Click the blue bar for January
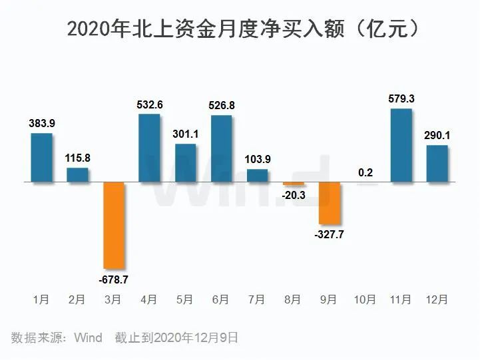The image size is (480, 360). [41, 158]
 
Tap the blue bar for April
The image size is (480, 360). [149, 148]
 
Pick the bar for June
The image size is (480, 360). [221, 148]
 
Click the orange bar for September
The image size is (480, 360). [330, 203]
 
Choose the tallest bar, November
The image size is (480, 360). [401, 145]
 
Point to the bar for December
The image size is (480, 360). [437, 163]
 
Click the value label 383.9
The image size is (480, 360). [41, 124]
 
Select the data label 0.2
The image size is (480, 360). [365, 172]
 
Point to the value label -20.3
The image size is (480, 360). [294, 196]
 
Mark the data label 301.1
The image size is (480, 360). [186, 133]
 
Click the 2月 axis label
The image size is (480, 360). [77, 300]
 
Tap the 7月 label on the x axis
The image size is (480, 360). [258, 300]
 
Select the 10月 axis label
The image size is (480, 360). [365, 300]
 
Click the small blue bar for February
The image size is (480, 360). [77, 174]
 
